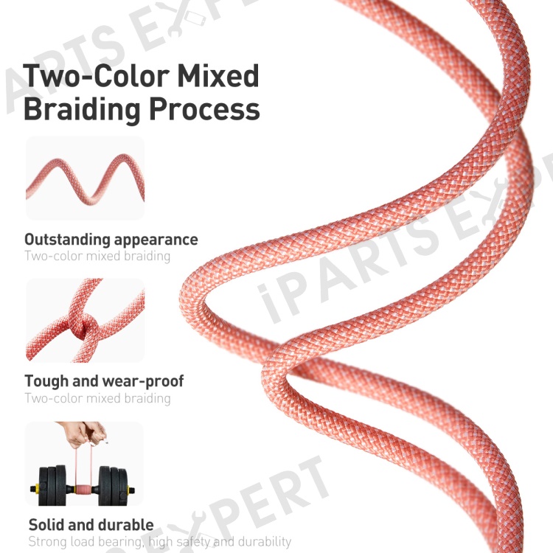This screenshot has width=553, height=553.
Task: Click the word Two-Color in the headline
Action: (x=96, y=75)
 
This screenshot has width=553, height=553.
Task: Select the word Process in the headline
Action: (x=204, y=109)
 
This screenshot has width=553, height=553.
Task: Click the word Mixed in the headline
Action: (x=218, y=75)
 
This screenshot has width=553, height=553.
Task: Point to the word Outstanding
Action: (x=67, y=240)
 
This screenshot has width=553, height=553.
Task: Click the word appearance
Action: (x=156, y=240)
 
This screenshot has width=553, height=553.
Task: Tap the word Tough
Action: (x=46, y=381)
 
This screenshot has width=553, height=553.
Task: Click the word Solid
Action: (x=46, y=524)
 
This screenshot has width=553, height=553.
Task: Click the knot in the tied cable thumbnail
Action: (x=83, y=327)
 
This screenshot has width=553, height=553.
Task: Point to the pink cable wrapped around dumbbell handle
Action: (x=83, y=490)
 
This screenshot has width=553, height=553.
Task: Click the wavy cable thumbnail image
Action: (x=85, y=178)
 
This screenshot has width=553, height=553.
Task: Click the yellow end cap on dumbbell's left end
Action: (x=34, y=489)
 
